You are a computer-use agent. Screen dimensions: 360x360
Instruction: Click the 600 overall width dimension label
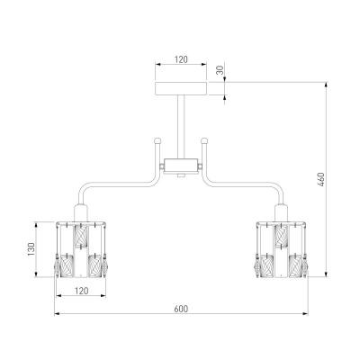click(181, 309)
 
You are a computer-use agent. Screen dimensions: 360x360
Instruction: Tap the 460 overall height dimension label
click(320, 179)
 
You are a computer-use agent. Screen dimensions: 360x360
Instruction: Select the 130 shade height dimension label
click(31, 249)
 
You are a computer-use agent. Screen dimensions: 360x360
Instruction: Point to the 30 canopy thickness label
click(220, 70)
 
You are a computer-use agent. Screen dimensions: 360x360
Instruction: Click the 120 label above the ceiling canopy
click(181, 59)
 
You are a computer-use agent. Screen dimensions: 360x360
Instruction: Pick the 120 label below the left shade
click(81, 291)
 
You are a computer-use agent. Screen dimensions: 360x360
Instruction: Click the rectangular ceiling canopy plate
click(181, 88)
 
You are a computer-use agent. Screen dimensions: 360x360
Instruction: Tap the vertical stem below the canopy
click(181, 127)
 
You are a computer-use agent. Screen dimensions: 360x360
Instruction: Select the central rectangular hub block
click(181, 166)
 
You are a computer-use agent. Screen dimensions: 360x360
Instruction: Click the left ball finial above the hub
click(157, 140)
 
